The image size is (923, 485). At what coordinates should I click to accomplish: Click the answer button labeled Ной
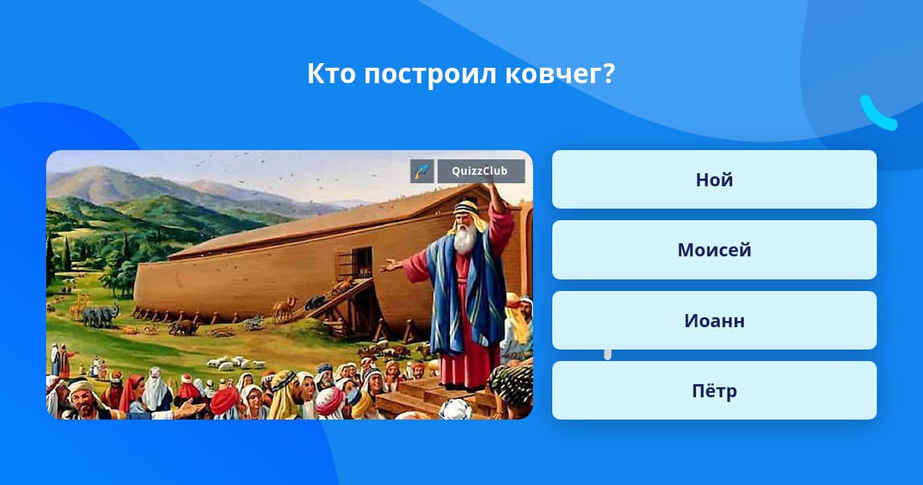(x=714, y=179)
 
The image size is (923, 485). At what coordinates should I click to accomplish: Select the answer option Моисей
(x=714, y=249)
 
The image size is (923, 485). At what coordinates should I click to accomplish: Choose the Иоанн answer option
(x=714, y=320)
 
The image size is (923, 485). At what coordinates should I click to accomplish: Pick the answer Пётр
(x=714, y=390)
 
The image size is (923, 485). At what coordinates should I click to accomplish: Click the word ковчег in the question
(x=560, y=73)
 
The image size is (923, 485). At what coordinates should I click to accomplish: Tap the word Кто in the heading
(x=332, y=73)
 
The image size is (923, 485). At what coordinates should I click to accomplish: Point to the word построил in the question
(x=430, y=74)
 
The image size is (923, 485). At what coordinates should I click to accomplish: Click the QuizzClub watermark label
(x=481, y=171)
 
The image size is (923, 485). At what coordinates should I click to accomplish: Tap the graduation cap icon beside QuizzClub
(x=422, y=171)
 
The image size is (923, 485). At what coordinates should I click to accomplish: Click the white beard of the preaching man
(x=465, y=239)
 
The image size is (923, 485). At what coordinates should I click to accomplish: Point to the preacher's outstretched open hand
(x=390, y=265)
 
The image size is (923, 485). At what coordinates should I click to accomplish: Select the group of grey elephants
(x=100, y=316)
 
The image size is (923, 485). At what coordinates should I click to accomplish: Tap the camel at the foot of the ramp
(x=284, y=309)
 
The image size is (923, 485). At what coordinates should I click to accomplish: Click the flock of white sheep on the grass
(x=235, y=363)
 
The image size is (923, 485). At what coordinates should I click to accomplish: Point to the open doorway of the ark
(x=362, y=263)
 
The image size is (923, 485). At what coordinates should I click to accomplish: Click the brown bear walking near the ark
(x=184, y=327)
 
